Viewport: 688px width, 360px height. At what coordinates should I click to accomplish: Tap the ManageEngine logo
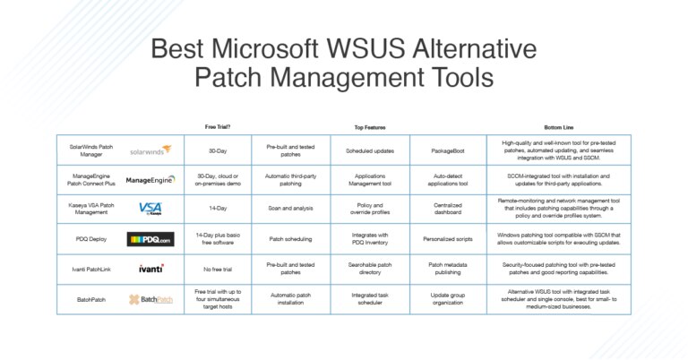pyautogui.click(x=150, y=179)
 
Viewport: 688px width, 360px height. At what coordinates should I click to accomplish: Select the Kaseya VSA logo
pyautogui.click(x=150, y=209)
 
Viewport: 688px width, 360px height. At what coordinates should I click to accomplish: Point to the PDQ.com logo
pyautogui.click(x=150, y=239)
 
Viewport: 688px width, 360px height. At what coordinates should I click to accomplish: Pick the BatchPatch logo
pyautogui.click(x=150, y=298)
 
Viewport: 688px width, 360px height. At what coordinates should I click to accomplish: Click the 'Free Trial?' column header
pyautogui.click(x=217, y=127)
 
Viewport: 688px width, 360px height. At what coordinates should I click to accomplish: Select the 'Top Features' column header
pyautogui.click(x=370, y=127)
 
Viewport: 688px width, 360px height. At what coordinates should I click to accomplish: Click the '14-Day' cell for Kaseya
pyautogui.click(x=217, y=209)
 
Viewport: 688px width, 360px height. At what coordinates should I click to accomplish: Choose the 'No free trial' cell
pyautogui.click(x=217, y=268)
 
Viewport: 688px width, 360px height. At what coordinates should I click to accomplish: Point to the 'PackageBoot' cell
pyautogui.click(x=448, y=150)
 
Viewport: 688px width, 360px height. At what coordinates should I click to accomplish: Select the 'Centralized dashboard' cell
pyautogui.click(x=448, y=209)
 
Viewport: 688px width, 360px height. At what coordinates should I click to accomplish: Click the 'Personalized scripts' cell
pyautogui.click(x=448, y=239)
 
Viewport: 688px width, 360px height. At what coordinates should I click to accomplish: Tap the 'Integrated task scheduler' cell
pyautogui.click(x=370, y=298)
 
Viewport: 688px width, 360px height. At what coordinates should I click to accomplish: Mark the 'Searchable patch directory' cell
pyautogui.click(x=370, y=268)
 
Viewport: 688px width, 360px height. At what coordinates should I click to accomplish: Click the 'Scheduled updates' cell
pyautogui.click(x=370, y=150)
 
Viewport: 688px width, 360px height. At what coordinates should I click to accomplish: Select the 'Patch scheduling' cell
pyautogui.click(x=290, y=239)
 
